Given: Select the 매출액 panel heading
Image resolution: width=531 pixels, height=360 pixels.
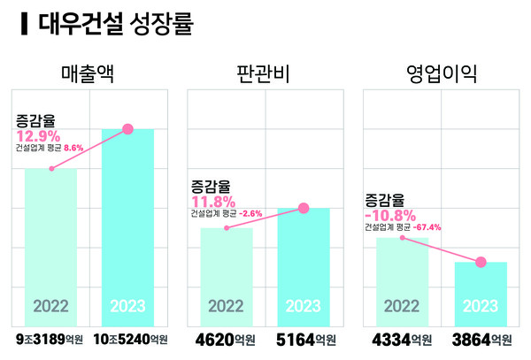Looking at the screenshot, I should (x=91, y=73).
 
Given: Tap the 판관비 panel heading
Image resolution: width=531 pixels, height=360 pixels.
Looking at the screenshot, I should (x=265, y=73).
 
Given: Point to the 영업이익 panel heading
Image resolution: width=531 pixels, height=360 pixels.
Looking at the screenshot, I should (x=441, y=73).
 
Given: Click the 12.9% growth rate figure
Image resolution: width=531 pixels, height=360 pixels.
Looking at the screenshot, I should (x=37, y=135).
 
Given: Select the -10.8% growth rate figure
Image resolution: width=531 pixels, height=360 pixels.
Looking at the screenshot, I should (x=390, y=215).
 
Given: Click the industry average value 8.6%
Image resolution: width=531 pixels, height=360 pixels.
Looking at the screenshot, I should (x=72, y=149).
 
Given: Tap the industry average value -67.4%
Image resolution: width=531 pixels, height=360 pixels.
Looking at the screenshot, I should (x=426, y=227).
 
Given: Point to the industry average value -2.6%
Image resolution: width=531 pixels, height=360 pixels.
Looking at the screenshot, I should (x=250, y=214).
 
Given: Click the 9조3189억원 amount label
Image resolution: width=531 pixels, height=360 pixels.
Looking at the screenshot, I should (x=52, y=340).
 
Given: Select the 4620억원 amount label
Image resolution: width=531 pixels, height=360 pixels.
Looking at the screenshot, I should (x=227, y=340).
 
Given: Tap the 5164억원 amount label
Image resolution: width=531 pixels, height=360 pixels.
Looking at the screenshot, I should (x=305, y=340).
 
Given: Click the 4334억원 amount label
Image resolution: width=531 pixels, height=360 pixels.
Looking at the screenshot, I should (x=402, y=340).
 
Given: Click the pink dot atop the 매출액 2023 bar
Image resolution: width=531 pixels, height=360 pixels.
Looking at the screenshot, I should (x=127, y=129).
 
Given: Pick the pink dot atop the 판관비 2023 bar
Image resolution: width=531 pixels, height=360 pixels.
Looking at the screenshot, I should (x=304, y=209).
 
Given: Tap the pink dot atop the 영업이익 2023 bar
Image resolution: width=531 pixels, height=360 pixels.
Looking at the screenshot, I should (x=481, y=262).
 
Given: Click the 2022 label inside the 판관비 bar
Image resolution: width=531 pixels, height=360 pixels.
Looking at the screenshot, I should (x=226, y=307).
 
